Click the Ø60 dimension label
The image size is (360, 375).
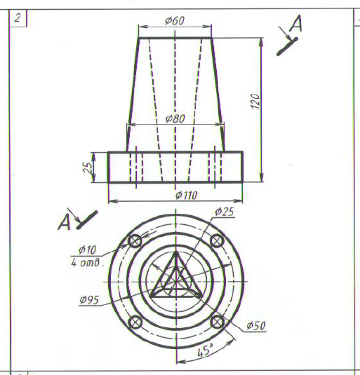[175, 21]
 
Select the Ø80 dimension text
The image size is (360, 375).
[175, 118]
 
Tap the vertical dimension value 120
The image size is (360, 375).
[255, 101]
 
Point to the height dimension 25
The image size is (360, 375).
[88, 168]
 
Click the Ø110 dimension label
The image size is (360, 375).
[187, 196]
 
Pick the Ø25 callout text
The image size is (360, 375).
[225, 212]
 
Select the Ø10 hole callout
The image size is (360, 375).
[87, 250]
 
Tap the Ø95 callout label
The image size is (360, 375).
[89, 300]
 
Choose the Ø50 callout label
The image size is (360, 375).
[256, 325]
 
